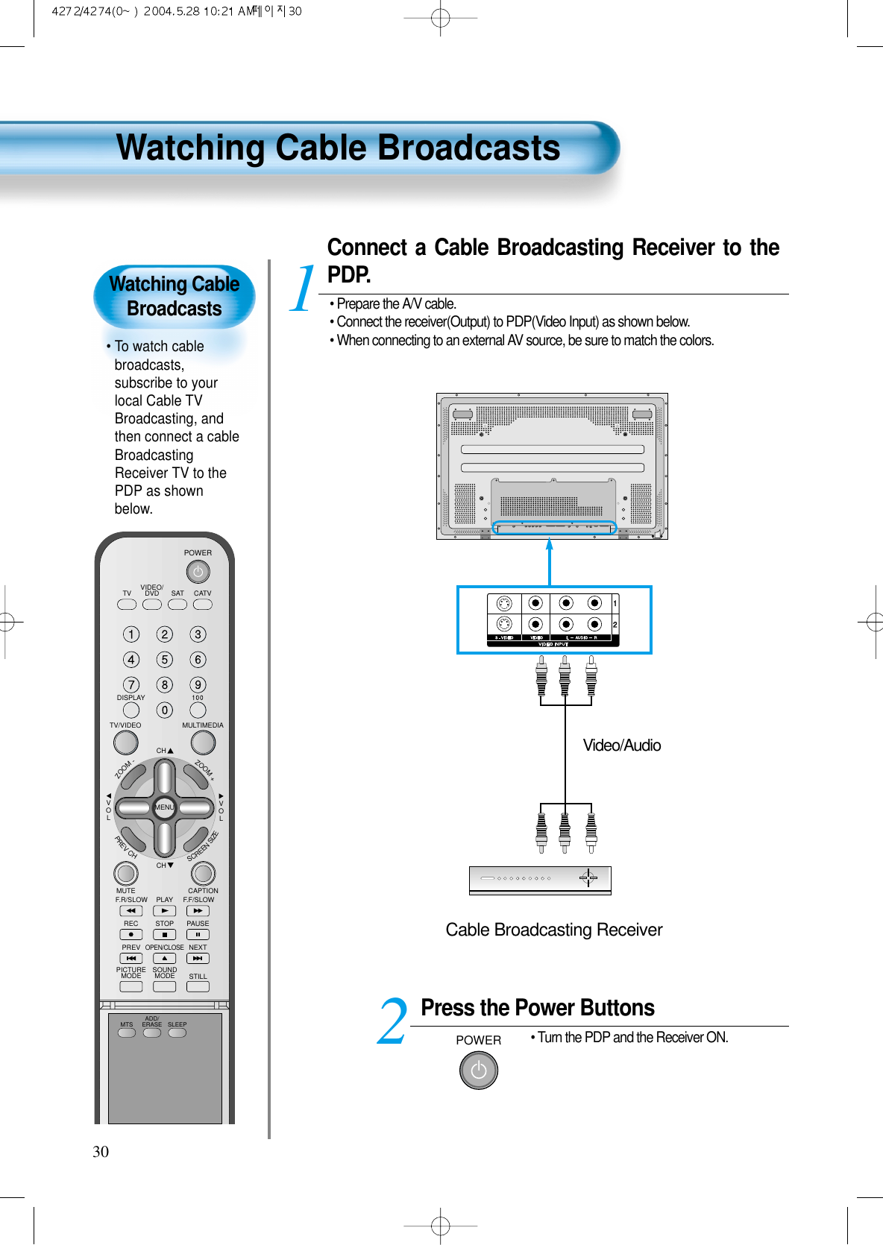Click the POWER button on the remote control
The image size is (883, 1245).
tap(198, 572)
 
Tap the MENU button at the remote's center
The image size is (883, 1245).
tap(164, 807)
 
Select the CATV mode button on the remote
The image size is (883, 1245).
tap(202, 605)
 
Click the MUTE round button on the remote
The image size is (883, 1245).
tap(125, 873)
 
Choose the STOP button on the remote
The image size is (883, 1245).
tap(164, 934)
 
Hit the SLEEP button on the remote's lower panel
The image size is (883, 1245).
tap(177, 1033)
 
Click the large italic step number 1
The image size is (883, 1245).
tap(302, 289)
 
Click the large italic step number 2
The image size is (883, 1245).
tap(392, 1022)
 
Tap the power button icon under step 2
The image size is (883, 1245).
tap(478, 1071)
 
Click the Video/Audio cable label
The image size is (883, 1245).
tap(621, 746)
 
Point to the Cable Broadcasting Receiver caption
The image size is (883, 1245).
tap(553, 930)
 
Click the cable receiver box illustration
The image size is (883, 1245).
tap(540, 880)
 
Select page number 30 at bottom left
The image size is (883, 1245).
tap(101, 1152)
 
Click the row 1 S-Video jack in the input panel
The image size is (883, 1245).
tap(505, 603)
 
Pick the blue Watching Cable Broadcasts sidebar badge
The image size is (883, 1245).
tap(175, 296)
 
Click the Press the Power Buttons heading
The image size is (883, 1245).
tap(537, 1008)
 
